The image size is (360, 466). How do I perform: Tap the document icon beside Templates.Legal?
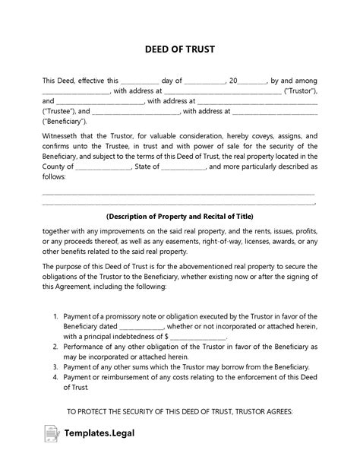pos(54,444)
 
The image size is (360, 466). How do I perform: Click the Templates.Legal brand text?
pos(104,445)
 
